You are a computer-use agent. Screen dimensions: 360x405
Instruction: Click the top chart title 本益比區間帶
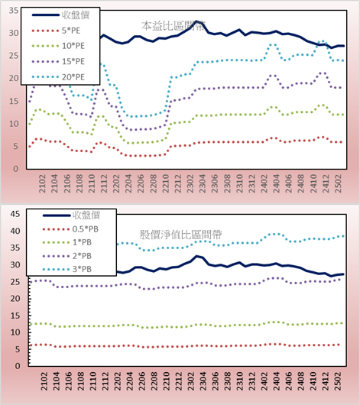pos(174,26)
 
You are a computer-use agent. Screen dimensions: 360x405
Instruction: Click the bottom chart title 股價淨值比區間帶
pos(181,235)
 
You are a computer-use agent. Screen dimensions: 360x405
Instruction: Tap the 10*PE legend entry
pos(58,46)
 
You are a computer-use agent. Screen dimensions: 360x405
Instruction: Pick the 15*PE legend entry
pos(58,61)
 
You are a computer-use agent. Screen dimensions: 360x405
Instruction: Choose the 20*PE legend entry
pos(58,77)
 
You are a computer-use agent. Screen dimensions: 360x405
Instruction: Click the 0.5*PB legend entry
pos(70,229)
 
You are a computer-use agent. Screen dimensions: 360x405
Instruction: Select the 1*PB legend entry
pos(67,242)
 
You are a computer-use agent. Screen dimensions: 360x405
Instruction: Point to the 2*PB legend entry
pos(67,256)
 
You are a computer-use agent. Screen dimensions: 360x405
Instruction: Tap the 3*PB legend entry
pos(67,269)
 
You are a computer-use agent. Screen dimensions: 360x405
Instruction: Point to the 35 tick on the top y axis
pos(14,11)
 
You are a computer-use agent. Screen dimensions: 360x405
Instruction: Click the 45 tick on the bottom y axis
pos(15,214)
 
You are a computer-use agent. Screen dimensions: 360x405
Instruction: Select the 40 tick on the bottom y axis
pos(15,231)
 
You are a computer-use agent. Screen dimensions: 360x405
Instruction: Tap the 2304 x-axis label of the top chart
pos(203,183)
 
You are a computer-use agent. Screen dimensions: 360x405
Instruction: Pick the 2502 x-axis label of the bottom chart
pos(338,381)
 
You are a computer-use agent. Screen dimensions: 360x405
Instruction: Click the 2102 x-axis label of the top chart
pos(42,183)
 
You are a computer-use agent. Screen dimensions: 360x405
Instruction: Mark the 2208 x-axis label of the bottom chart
pos(154,381)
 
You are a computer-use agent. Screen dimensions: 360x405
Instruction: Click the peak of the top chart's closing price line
pos(196,21)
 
